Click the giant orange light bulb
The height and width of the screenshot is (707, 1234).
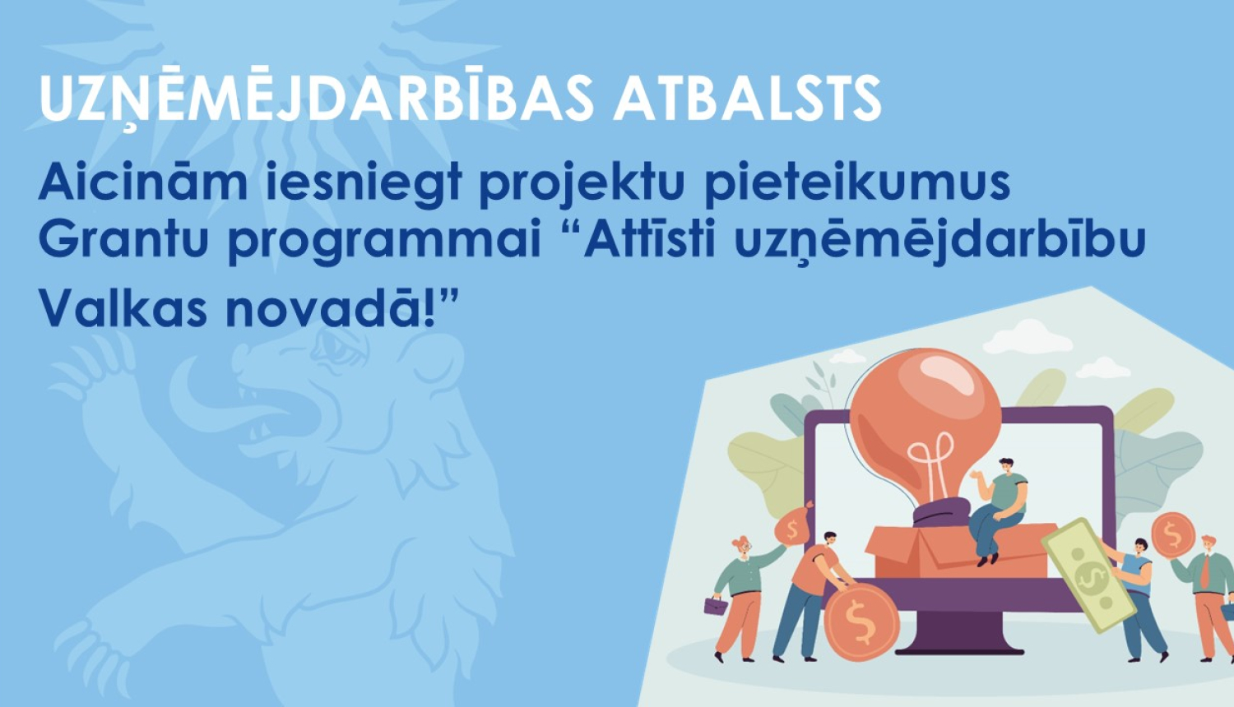coord(925,419)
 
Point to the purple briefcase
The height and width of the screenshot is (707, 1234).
coord(716,606)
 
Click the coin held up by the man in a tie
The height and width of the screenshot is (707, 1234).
coord(1172,535)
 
